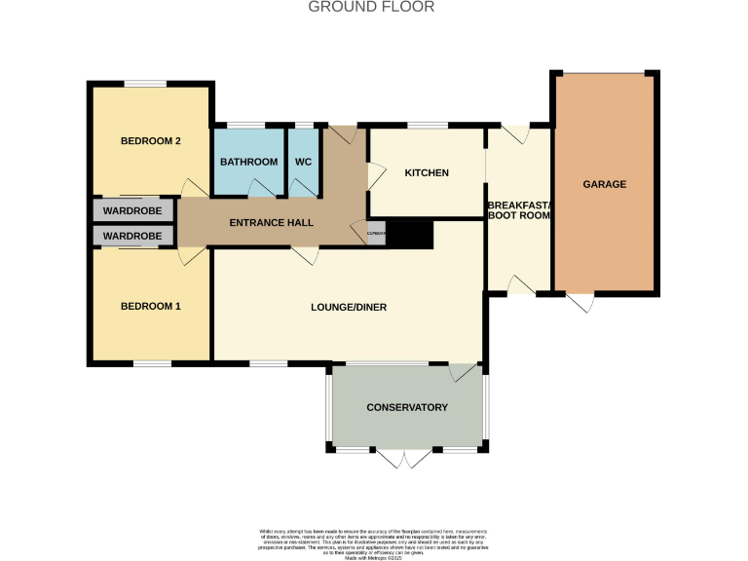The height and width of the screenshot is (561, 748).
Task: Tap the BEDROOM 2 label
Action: (x=151, y=141)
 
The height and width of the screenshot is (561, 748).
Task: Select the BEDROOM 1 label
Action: (x=151, y=307)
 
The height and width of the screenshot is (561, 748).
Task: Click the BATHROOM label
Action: (x=249, y=162)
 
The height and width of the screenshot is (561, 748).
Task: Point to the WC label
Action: (x=303, y=162)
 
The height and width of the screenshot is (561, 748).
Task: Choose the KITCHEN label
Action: (x=427, y=173)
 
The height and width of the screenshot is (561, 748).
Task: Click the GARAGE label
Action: (x=604, y=184)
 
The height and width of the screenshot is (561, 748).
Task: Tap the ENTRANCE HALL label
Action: (x=271, y=223)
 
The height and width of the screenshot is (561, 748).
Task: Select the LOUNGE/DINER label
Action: (x=349, y=308)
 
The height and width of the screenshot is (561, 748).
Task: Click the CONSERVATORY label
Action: (x=407, y=407)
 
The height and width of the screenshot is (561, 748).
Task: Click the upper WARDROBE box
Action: (x=132, y=209)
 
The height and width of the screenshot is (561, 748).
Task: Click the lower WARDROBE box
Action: (x=132, y=236)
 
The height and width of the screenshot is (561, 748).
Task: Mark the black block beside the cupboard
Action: (x=409, y=234)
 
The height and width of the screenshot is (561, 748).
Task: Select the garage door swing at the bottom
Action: (x=581, y=303)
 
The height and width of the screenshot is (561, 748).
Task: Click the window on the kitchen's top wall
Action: (x=427, y=126)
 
